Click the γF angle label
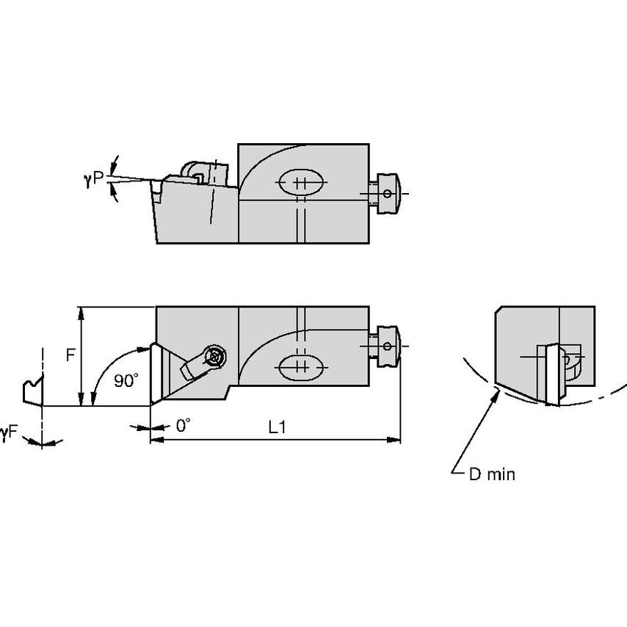[x=8, y=435]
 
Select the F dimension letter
[x=70, y=355]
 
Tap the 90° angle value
[x=126, y=381]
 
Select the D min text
[x=492, y=474]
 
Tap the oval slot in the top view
[x=299, y=182]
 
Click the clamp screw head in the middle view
[x=214, y=356]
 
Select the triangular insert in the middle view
[x=163, y=373]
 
